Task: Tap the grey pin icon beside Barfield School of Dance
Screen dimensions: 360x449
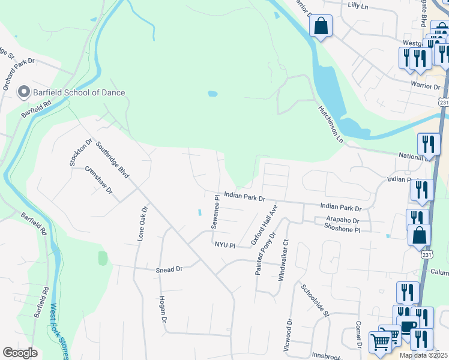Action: (x=24, y=92)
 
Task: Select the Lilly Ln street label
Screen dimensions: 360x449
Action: (x=361, y=5)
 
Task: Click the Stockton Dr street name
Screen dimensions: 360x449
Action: (x=73, y=152)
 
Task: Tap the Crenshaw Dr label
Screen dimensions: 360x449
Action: (x=98, y=181)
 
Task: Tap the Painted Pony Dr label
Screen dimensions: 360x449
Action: (x=265, y=253)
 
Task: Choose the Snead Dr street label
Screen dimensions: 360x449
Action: (x=169, y=270)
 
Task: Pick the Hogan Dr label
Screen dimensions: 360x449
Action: (x=162, y=310)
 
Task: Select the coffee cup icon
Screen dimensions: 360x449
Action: (x=408, y=326)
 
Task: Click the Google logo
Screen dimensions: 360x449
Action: (x=20, y=353)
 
